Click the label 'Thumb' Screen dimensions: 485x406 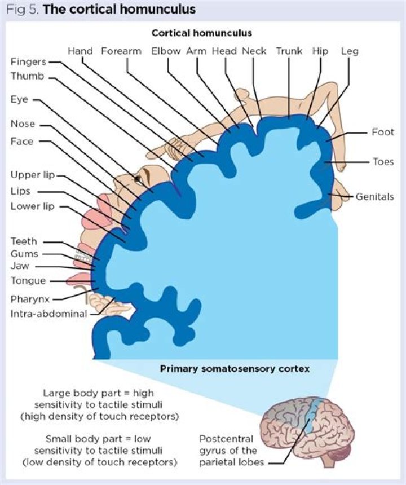pyautogui.click(x=27, y=76)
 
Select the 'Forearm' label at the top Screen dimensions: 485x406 pyautogui.click(x=121, y=51)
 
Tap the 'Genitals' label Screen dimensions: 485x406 pyautogui.click(x=375, y=197)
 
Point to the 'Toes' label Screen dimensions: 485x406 pyautogui.click(x=383, y=162)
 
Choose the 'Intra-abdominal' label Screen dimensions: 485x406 pyautogui.click(x=48, y=314)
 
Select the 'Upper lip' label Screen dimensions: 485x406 pyautogui.click(x=33, y=175)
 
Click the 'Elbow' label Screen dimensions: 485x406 pyautogui.click(x=166, y=51)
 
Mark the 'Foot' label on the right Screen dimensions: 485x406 pyautogui.click(x=383, y=133)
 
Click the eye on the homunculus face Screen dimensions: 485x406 pyautogui.click(x=137, y=179)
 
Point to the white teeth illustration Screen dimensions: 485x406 pyautogui.click(x=84, y=254)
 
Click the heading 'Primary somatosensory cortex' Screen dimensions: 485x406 pyautogui.click(x=235, y=369)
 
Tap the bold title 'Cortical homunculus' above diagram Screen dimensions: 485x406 pyautogui.click(x=201, y=33)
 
